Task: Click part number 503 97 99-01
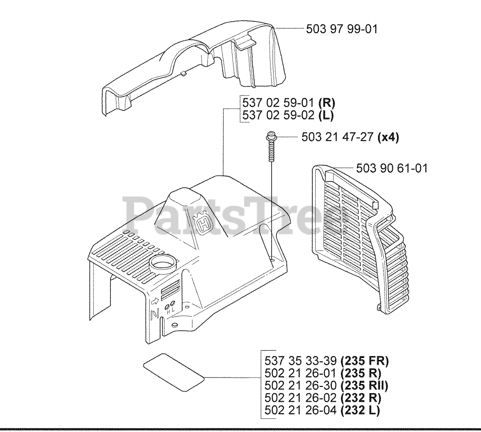pyautogui.click(x=342, y=29)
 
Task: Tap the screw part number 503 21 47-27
pyautogui.click(x=338, y=137)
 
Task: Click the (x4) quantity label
pyautogui.click(x=388, y=137)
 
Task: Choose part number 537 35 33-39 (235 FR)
pyautogui.click(x=327, y=361)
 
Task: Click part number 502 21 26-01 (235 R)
pyautogui.click(x=323, y=373)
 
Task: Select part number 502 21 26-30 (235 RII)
pyautogui.click(x=326, y=385)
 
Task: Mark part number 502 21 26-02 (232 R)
pyautogui.click(x=323, y=397)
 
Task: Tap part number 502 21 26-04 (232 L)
pyautogui.click(x=322, y=410)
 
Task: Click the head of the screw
pyautogui.click(x=270, y=136)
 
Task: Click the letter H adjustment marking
pyautogui.click(x=168, y=300)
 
